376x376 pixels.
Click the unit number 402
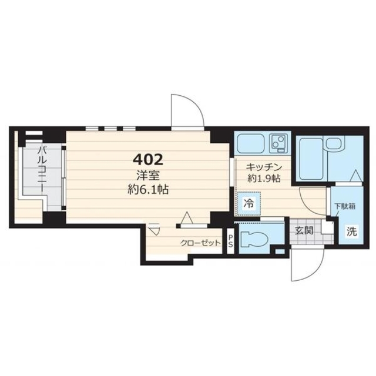(x=148, y=160)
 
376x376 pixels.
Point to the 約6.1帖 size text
(x=148, y=190)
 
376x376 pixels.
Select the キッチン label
(x=264, y=167)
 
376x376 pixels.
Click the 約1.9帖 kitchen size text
(x=264, y=178)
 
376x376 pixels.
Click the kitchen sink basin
(x=251, y=143)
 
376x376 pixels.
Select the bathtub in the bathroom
(x=311, y=159)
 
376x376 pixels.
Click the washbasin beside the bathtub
(x=335, y=143)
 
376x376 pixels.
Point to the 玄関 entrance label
(x=304, y=231)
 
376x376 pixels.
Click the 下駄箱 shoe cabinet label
(x=345, y=206)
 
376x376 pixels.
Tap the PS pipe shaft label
(x=230, y=241)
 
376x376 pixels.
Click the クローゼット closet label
(x=200, y=243)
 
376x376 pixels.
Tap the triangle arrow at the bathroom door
(x=355, y=176)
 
